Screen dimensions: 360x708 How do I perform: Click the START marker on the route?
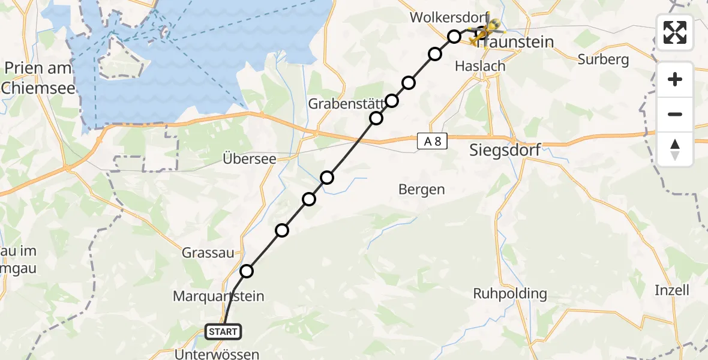(x=224, y=331)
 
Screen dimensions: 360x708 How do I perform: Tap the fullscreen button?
(x=675, y=32)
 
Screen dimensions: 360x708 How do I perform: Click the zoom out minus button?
(x=675, y=114)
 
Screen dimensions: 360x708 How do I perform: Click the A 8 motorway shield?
(x=432, y=142)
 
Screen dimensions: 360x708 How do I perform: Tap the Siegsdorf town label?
(x=503, y=150)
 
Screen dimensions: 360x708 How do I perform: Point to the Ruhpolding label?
(x=510, y=294)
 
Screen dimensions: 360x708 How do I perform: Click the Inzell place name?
(x=671, y=290)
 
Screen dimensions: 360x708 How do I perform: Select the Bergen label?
(x=422, y=190)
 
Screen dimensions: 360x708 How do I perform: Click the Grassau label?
(x=208, y=253)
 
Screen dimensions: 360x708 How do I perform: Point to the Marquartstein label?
(x=218, y=296)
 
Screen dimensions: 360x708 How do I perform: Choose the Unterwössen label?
(x=217, y=354)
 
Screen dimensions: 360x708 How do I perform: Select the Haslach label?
(x=480, y=66)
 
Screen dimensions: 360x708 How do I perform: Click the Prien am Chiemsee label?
(x=38, y=78)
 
